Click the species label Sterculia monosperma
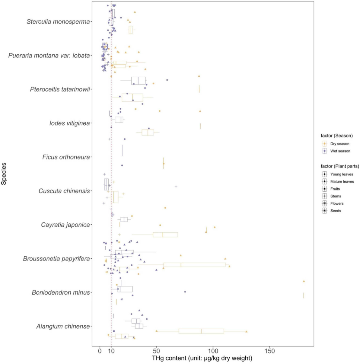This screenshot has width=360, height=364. [x=58, y=22]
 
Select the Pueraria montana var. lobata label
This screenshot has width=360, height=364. [x=49, y=56]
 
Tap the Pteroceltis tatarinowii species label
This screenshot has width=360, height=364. [x=60, y=89]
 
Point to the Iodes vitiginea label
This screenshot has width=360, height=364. [x=69, y=123]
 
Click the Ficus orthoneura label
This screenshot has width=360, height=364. [x=66, y=157]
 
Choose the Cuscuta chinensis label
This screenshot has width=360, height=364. [x=64, y=191]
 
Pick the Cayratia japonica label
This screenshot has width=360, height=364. [x=65, y=225]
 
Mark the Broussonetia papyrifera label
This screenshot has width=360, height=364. [x=56, y=259]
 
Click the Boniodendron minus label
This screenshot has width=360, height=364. [x=61, y=292]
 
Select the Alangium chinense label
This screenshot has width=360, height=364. [x=63, y=326]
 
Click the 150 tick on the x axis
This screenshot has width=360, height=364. [x=270, y=351]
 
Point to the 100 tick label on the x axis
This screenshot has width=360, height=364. [x=213, y=351]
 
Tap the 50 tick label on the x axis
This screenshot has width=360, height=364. [x=157, y=351]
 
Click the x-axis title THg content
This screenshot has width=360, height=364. [x=202, y=358]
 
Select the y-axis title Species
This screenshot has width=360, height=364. [x=4, y=174]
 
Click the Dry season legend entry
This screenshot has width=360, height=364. [x=340, y=144]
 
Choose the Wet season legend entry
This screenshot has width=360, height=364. [x=340, y=151]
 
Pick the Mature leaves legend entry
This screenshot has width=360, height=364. [x=342, y=182]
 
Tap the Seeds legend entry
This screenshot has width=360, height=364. [x=335, y=211]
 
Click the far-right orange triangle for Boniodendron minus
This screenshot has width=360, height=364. [x=304, y=281]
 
